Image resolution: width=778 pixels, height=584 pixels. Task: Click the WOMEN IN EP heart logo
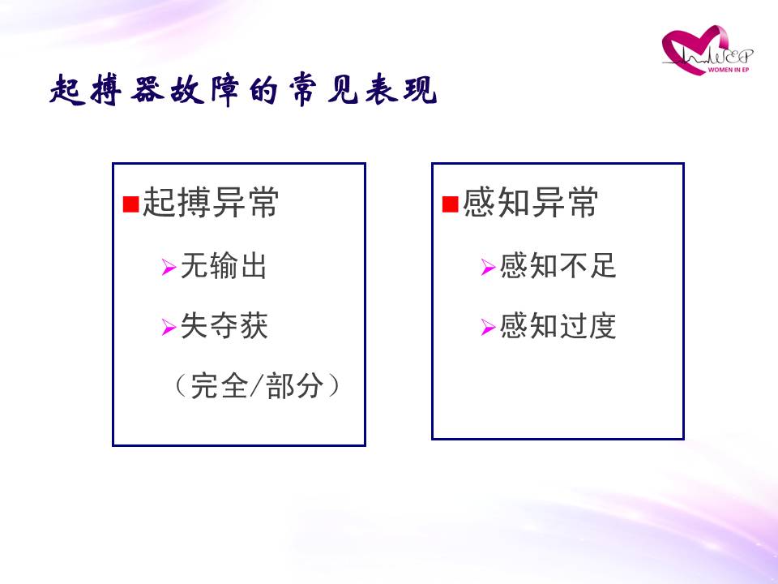[x=707, y=50]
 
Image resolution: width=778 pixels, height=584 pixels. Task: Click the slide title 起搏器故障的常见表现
[x=243, y=90]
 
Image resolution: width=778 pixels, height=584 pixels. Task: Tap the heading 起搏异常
[x=211, y=203]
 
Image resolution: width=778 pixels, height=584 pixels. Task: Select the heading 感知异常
[x=530, y=203]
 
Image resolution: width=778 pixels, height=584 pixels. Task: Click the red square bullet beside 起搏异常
[x=130, y=204]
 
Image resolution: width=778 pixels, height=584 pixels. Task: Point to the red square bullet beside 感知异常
[x=450, y=204]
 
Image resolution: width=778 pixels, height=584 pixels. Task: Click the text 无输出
[x=224, y=266]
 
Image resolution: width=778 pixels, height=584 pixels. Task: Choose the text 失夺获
[x=224, y=326]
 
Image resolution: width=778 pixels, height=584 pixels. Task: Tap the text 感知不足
[x=558, y=266]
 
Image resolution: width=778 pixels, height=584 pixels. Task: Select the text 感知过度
[x=558, y=326]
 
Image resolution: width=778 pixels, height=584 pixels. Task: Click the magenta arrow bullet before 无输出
[x=169, y=267]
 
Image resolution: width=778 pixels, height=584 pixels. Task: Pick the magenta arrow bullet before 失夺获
[x=169, y=327]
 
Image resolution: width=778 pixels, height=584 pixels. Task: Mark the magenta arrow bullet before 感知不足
[x=488, y=267]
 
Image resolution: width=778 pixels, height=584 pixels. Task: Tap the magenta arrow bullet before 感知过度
[x=488, y=327]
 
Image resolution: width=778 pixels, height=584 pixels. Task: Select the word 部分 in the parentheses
[x=295, y=385]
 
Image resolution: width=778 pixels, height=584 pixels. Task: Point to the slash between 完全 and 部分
[x=257, y=385]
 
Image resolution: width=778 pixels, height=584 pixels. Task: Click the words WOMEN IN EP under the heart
[x=729, y=70]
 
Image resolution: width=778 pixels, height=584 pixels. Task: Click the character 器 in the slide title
[x=147, y=90]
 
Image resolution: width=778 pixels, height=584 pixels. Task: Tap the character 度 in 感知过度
[x=602, y=326]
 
